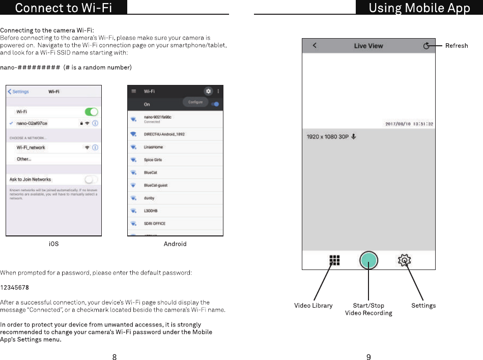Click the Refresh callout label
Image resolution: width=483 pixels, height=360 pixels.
(x=456, y=46)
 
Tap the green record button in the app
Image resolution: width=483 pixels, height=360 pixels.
(x=368, y=260)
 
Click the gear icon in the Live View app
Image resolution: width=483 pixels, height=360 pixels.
(x=404, y=260)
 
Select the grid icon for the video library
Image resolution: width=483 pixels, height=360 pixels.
(x=334, y=260)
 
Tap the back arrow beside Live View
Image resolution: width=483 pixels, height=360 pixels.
(x=315, y=46)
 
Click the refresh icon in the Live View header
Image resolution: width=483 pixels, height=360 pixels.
(x=427, y=46)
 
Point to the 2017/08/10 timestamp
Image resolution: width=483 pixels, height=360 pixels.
(x=409, y=124)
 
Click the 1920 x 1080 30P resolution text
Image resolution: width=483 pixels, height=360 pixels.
(x=327, y=137)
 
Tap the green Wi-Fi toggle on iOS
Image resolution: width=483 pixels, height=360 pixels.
(x=91, y=111)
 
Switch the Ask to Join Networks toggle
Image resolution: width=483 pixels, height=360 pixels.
(x=91, y=179)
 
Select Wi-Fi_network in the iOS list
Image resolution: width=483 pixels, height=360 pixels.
(x=31, y=147)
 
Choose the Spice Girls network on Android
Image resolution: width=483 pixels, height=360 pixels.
(x=153, y=160)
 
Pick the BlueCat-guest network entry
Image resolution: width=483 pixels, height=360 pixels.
(x=156, y=185)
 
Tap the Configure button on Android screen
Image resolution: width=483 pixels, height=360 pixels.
(x=195, y=102)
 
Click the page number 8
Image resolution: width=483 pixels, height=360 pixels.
(x=115, y=357)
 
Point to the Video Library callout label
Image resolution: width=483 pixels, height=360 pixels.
(x=313, y=306)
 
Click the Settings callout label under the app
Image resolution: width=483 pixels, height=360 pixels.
(x=423, y=306)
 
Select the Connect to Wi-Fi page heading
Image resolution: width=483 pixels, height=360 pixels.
(x=64, y=8)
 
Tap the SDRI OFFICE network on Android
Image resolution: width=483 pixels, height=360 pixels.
(x=155, y=223)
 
